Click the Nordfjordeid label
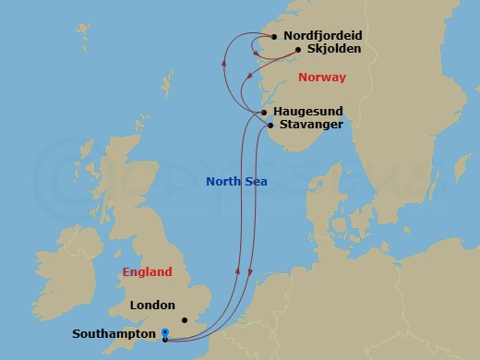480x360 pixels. point(323,36)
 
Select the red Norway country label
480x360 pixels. point(321,78)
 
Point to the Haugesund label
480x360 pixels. point(312,111)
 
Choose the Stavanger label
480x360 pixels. point(311,125)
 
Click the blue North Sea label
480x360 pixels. point(236,181)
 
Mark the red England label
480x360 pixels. point(147,272)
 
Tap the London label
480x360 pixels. point(152,305)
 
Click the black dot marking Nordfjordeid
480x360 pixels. point(274,37)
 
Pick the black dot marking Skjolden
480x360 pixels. point(298,50)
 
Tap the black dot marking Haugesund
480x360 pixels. point(263,112)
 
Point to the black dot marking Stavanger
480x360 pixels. point(270,125)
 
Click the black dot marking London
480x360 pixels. point(185,320)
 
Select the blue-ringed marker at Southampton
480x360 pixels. point(164,332)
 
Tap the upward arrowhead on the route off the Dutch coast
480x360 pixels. point(238,271)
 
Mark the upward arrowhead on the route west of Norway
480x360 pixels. point(223,62)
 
